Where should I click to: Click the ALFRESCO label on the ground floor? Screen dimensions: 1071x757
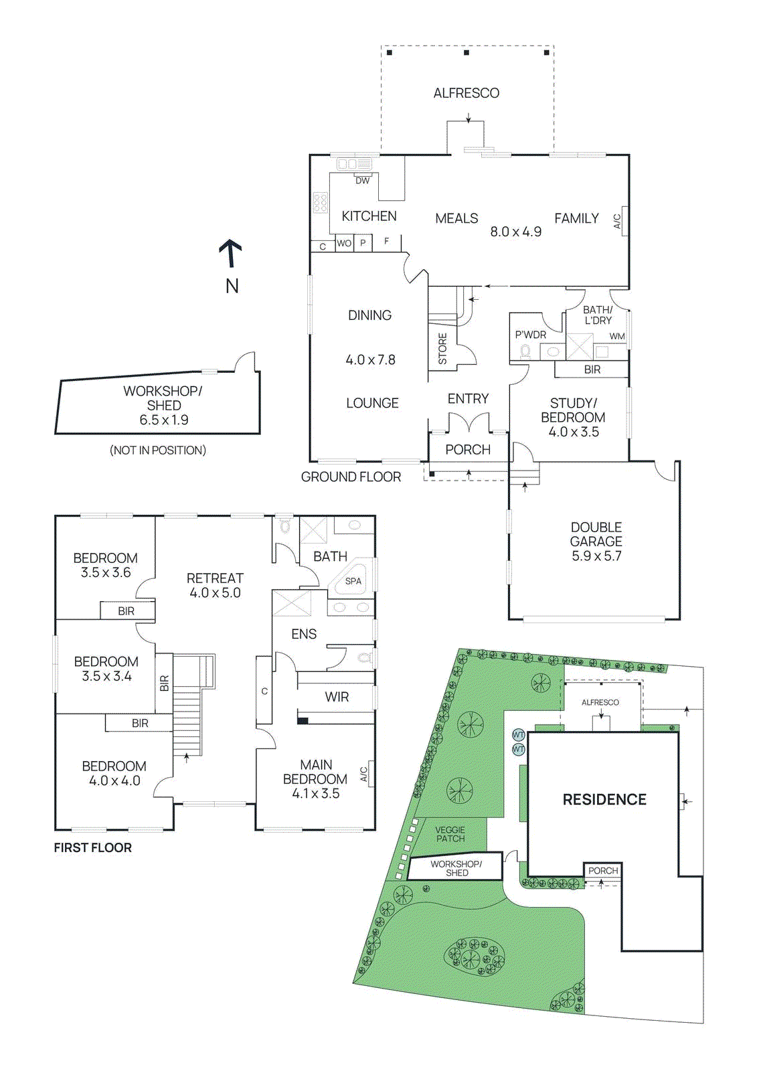466,93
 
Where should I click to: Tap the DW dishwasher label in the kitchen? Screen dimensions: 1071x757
362,181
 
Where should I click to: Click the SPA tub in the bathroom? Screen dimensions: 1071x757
353,580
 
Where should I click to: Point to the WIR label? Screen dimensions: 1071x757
337,697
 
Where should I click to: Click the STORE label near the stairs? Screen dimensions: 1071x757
442,349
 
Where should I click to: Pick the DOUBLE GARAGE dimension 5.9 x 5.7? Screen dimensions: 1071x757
596,556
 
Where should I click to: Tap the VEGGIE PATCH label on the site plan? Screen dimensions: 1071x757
450,834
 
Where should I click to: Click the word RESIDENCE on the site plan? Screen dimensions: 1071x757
604,799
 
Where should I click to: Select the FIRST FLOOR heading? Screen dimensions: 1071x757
93,847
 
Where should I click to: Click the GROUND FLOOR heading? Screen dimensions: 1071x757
351,477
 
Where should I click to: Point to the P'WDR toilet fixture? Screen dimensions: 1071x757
525,351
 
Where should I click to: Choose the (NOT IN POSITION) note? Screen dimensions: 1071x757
158,450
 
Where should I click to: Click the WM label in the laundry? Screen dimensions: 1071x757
617,337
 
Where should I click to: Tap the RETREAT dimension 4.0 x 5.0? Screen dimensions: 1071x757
215,592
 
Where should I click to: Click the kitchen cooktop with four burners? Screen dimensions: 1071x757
321,202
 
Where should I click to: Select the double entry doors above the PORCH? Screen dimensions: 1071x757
469,424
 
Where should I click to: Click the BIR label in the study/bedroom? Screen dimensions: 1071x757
592,369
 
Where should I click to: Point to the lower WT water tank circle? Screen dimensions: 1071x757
519,750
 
